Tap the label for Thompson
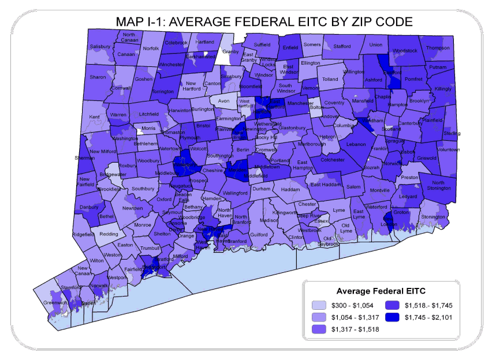tap(438, 48)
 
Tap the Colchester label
tap(332, 160)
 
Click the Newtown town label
tap(132, 208)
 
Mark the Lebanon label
tap(356, 144)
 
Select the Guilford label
tap(259, 235)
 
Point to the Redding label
tap(109, 234)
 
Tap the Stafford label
tap(342, 46)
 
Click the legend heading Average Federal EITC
tap(377, 290)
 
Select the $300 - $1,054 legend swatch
tap(319, 306)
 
